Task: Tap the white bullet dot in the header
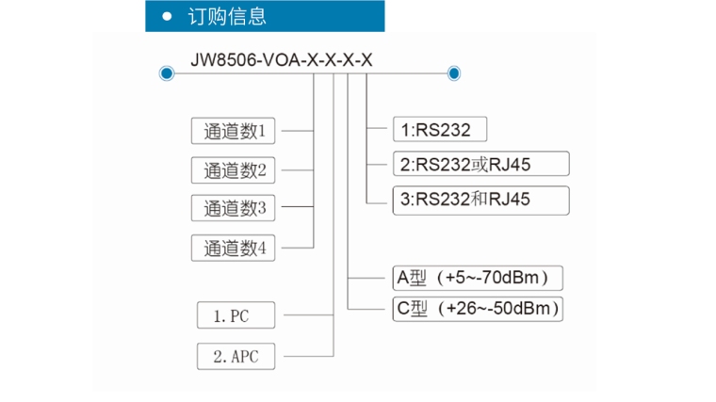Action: click(168, 16)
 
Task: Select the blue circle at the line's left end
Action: click(167, 72)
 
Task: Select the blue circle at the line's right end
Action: click(454, 72)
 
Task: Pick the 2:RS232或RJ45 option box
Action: click(480, 164)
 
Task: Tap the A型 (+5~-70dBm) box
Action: click(477, 278)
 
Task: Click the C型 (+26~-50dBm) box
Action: click(477, 308)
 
